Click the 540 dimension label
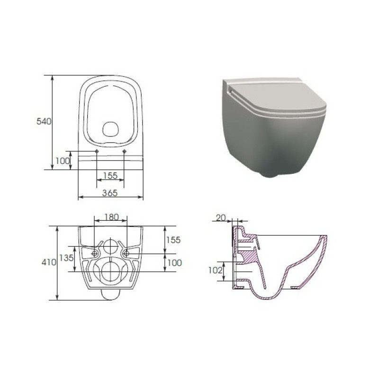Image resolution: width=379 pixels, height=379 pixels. pos(44,121)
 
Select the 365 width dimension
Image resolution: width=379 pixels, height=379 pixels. pos(110,193)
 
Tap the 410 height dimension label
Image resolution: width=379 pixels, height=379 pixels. pos(49,262)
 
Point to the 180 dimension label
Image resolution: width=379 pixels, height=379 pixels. pos(111,217)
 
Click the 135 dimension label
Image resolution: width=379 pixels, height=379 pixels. pos(66,258)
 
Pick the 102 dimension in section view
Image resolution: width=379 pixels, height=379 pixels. pos(216,270)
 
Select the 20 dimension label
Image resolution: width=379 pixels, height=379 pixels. pos(221,218)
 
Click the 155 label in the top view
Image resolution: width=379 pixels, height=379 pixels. pos(110,175)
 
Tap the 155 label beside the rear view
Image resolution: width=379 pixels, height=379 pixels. pos(173,240)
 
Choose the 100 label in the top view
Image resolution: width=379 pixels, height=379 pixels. pos(63,161)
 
